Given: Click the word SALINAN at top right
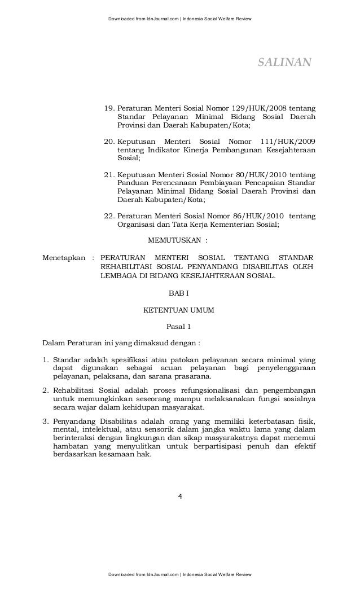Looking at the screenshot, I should (x=284, y=62).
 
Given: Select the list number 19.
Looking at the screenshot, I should (x=109, y=108).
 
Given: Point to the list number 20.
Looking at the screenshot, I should (x=109, y=140).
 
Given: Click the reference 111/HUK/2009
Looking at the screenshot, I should (x=286, y=140).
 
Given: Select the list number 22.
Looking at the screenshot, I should (x=109, y=216).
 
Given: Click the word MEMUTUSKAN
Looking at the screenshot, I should (x=174, y=240).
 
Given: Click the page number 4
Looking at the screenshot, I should (x=179, y=497).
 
